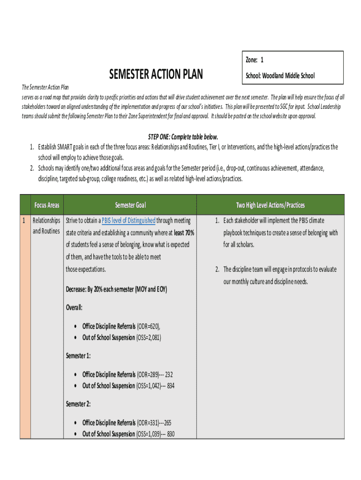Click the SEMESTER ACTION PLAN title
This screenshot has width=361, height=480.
[x=156, y=75]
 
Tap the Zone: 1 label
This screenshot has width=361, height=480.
[x=255, y=60]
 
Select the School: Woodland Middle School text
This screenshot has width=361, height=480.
[x=280, y=75]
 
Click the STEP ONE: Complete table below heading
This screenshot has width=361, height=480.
[x=183, y=137]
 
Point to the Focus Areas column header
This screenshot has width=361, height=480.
[x=46, y=205]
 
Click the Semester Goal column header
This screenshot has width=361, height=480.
[x=130, y=205]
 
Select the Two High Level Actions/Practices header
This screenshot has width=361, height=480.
[x=270, y=205]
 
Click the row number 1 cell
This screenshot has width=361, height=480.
[x=24, y=220]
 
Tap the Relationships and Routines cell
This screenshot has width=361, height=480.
[x=46, y=226]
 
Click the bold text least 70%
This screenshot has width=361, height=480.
[x=184, y=233]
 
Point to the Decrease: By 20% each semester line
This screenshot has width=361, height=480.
[x=116, y=289]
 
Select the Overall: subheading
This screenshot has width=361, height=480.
[x=74, y=307]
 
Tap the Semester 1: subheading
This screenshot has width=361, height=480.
[x=78, y=356]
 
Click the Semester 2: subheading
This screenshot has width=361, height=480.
[x=78, y=404]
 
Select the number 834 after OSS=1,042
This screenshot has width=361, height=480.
[x=171, y=386]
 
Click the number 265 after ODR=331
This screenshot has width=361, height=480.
[x=167, y=423]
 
